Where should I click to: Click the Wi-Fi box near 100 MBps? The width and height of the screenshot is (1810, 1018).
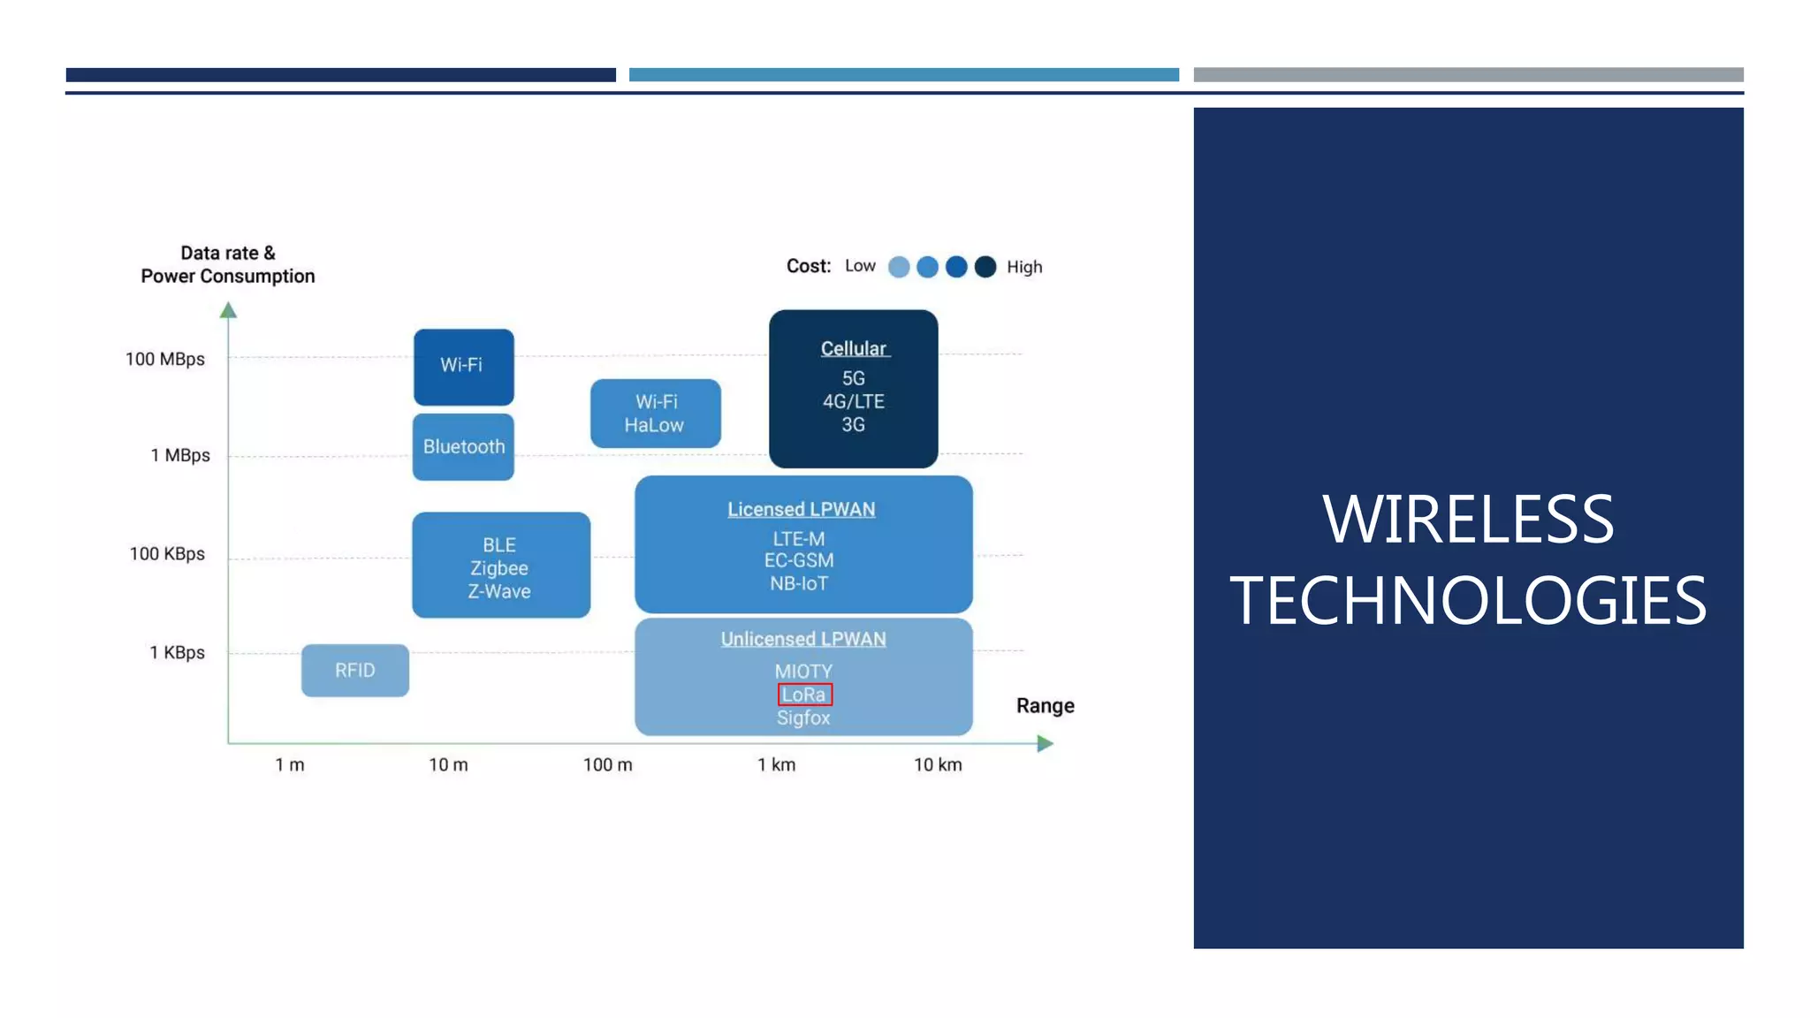pos(463,366)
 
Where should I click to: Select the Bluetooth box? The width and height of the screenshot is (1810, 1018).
pos(463,446)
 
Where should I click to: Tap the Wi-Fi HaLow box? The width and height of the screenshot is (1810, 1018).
pos(655,413)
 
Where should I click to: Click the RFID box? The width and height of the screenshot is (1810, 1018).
pos(354,670)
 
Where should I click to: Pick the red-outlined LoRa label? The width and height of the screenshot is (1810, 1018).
pos(804,695)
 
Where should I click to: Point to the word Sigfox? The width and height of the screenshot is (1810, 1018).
pos(803,718)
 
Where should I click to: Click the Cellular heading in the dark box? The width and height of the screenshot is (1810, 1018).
pos(853,348)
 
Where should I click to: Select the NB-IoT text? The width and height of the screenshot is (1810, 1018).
pos(799,583)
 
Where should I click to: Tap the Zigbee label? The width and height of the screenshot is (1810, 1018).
pos(499,568)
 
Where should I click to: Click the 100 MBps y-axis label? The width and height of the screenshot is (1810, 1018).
pos(165,359)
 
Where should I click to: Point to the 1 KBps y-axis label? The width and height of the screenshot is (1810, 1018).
pos(177,652)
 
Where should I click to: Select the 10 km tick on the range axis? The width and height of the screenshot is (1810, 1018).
pos(938,764)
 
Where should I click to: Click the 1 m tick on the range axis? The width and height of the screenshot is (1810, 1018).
pos(290,764)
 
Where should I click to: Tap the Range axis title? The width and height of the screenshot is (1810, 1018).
pos(1045,705)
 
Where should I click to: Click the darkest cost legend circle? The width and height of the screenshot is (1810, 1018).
pos(985,267)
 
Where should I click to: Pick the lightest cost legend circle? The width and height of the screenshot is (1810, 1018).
pos(899,267)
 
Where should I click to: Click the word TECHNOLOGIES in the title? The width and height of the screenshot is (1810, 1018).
pos(1468,601)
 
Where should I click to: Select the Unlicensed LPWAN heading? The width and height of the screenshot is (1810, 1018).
pos(803,639)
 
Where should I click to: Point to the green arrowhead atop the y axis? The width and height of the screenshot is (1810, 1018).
pos(228,310)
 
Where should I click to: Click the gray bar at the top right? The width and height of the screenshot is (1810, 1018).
pos(1468,75)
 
